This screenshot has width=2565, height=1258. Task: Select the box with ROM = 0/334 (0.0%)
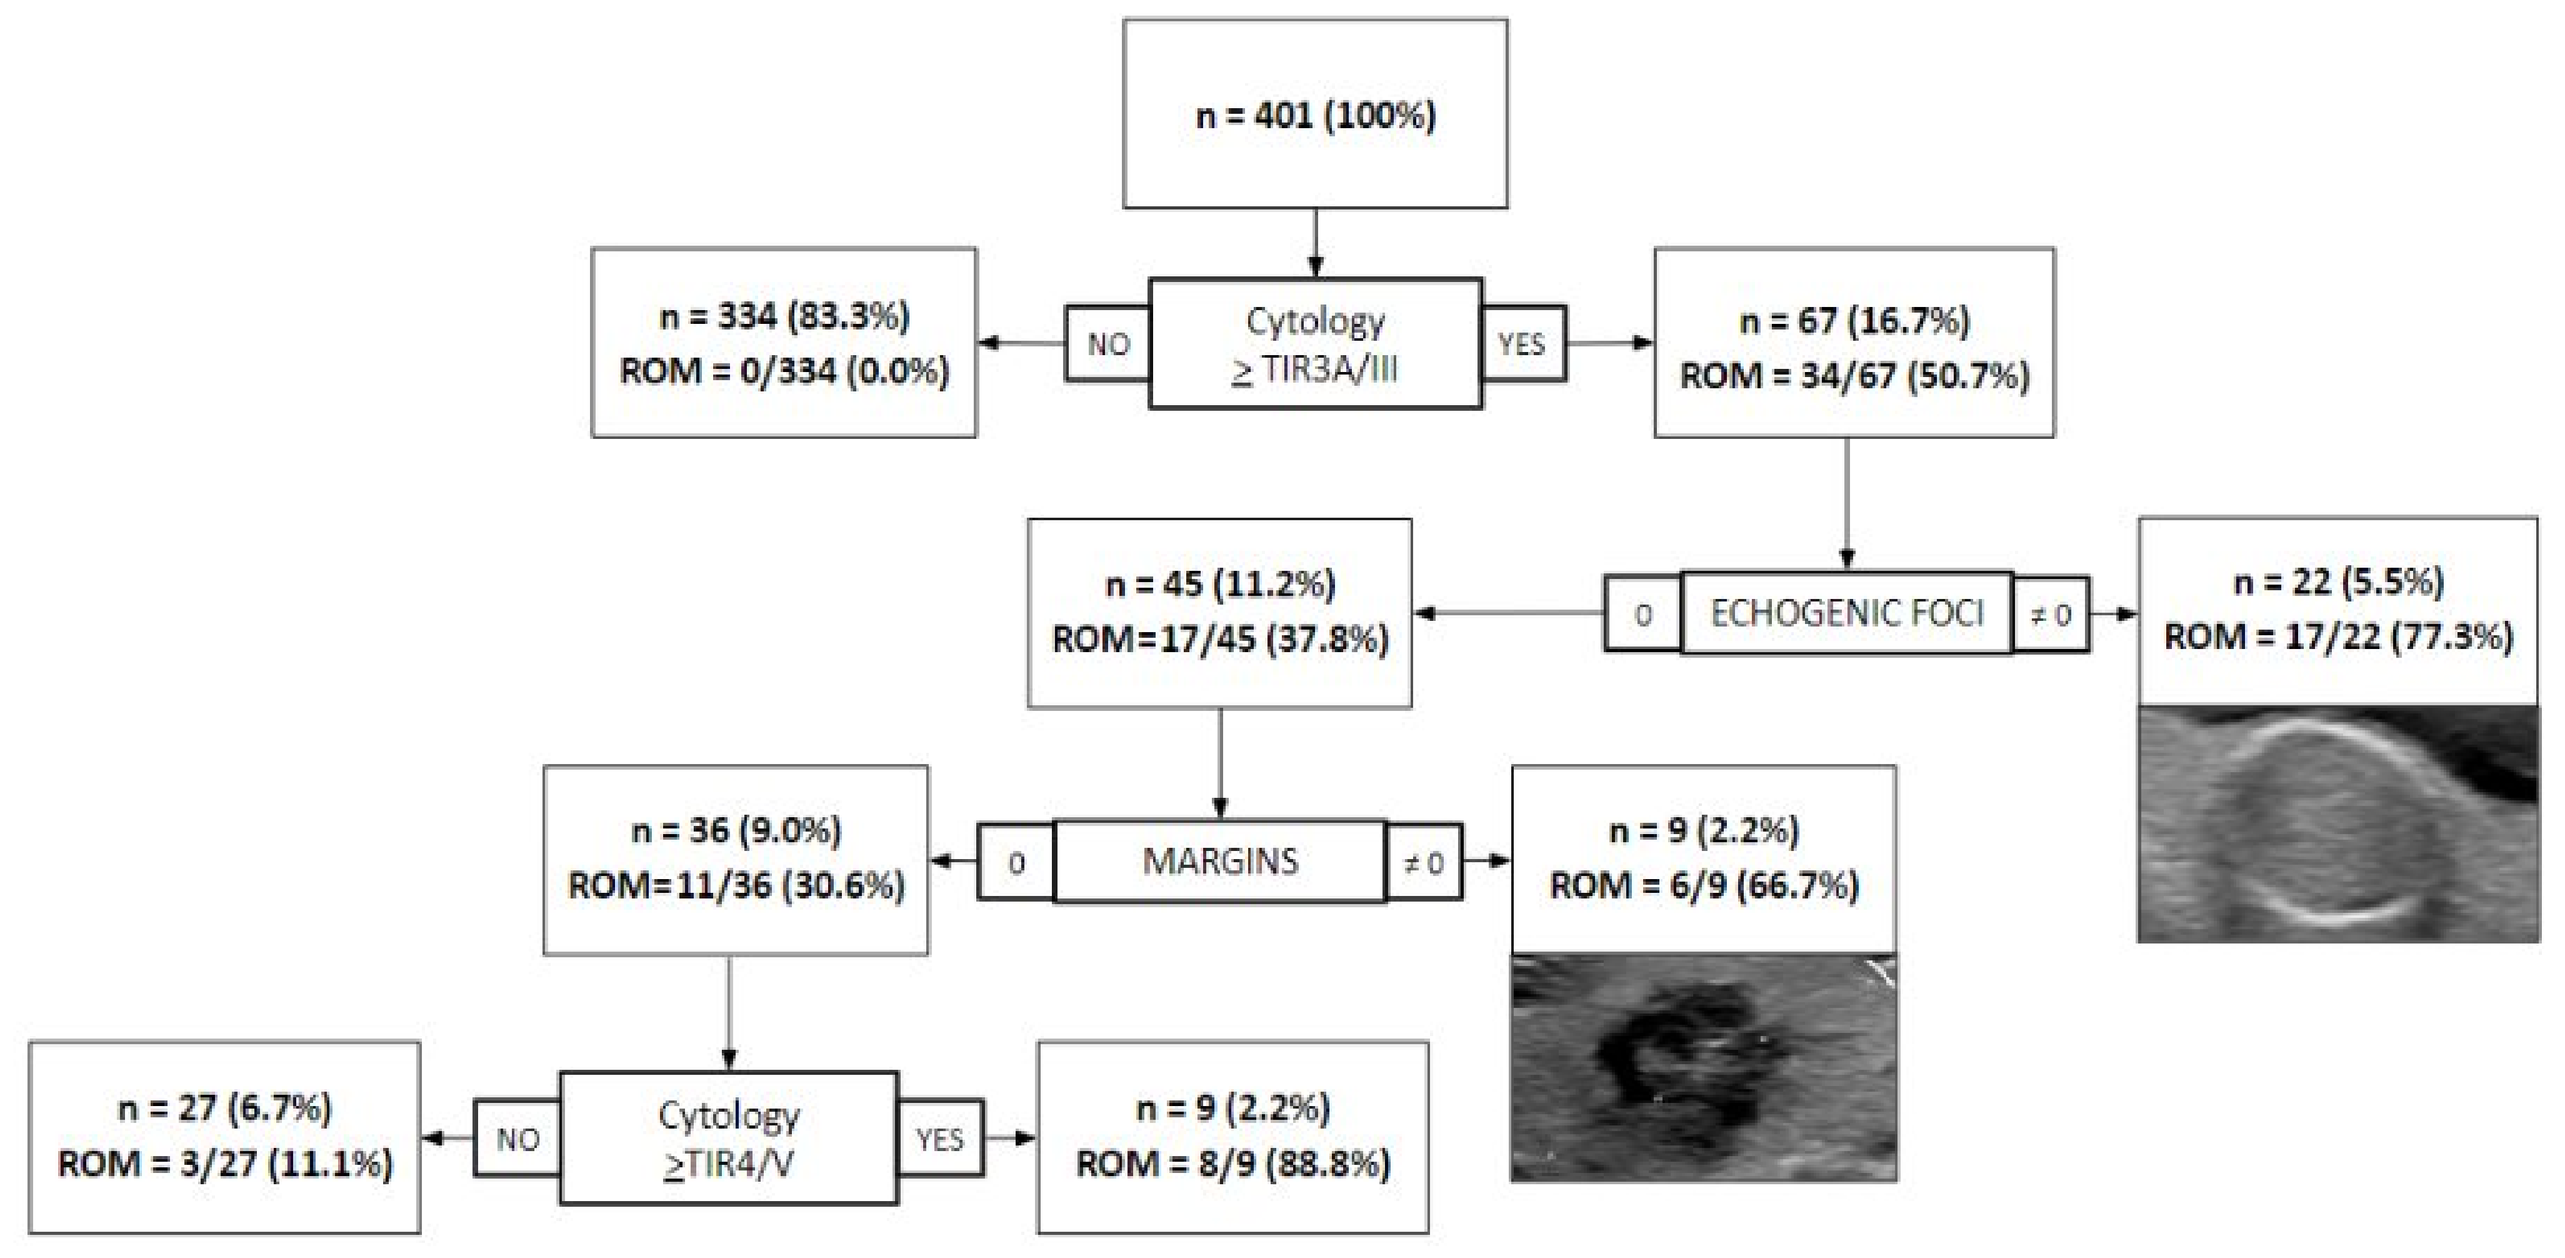pyautogui.click(x=784, y=343)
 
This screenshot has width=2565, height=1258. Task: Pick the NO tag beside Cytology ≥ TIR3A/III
pyautogui.click(x=1107, y=345)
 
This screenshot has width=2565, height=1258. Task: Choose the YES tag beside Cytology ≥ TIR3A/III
pyautogui.click(x=1522, y=345)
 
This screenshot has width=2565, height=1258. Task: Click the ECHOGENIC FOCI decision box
pyautogui.click(x=1846, y=613)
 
